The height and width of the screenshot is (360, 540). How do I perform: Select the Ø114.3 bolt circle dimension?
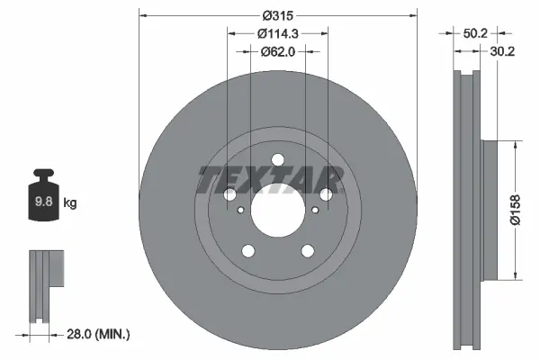277,33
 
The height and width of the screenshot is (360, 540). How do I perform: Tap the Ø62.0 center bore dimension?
277,51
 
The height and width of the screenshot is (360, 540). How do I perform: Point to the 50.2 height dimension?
470,32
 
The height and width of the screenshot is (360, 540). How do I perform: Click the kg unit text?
70,203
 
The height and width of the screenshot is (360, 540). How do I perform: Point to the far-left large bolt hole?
229,194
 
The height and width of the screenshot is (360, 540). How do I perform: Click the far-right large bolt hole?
326,194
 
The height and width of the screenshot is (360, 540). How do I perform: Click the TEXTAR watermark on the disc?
270,179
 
